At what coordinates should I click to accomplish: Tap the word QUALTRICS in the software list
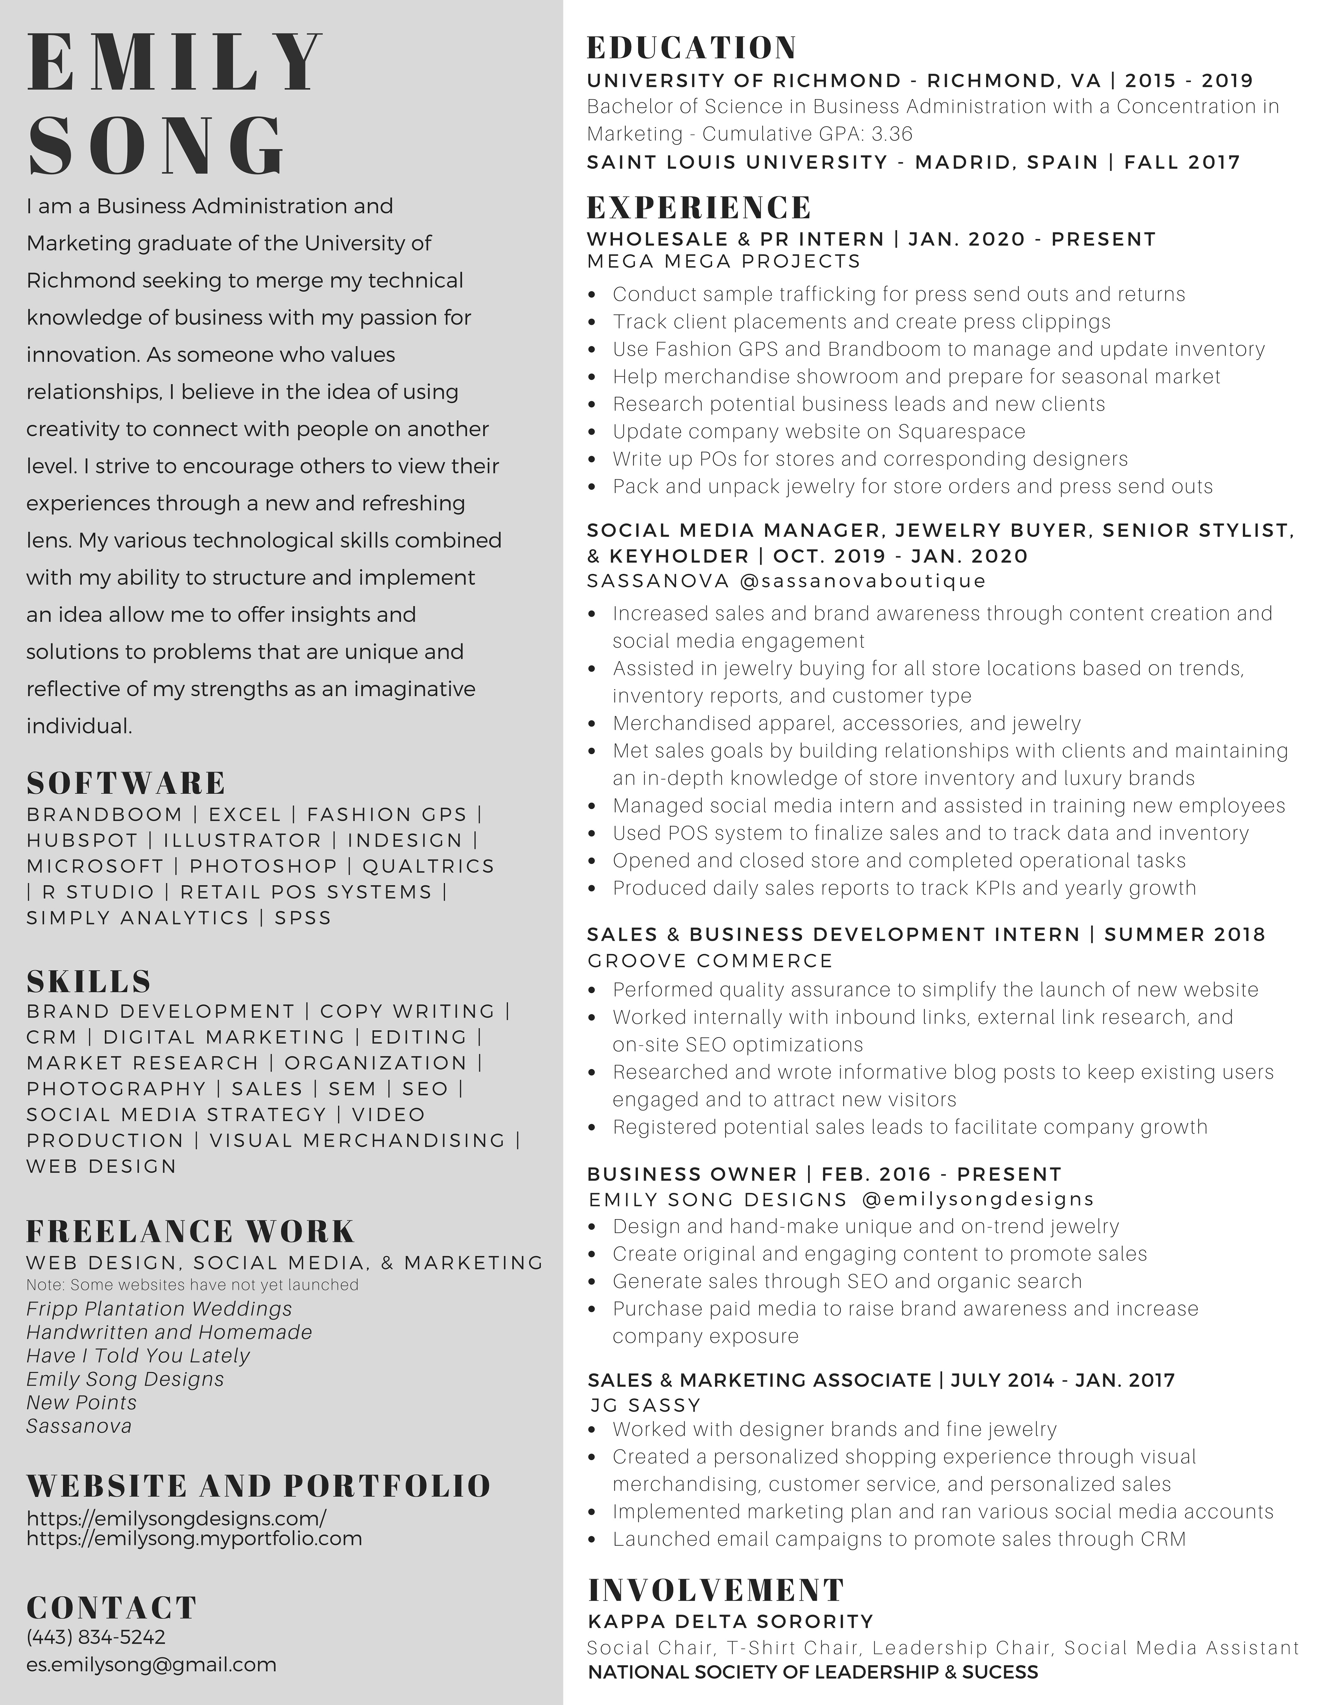428,866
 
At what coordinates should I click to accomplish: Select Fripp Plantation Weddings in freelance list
159,1308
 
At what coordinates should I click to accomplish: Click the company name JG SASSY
645,1405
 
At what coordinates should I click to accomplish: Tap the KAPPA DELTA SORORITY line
730,1622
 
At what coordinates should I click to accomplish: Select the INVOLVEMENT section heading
715,1589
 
